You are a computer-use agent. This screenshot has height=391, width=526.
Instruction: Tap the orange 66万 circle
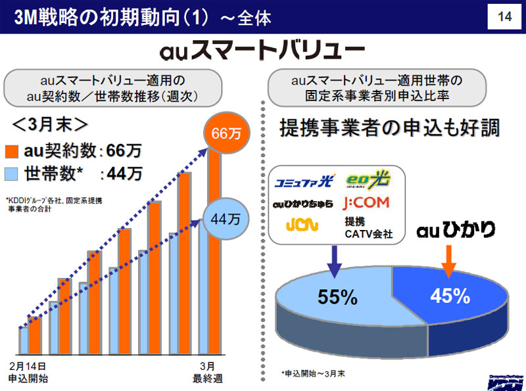[226, 133]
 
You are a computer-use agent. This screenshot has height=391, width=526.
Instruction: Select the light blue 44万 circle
[226, 219]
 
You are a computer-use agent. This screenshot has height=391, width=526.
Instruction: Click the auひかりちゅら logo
[303, 203]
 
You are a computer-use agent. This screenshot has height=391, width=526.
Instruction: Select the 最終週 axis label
[208, 378]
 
